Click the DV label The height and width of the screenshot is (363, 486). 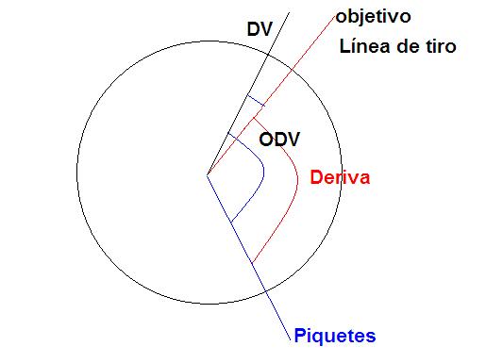pyautogui.click(x=260, y=29)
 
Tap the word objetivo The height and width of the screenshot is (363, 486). pyautogui.click(x=373, y=16)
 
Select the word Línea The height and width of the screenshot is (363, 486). pyautogui.click(x=366, y=46)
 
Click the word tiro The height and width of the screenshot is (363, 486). pyautogui.click(x=441, y=46)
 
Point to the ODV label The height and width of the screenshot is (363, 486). pyautogui.click(x=279, y=140)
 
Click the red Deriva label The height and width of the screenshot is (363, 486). pyautogui.click(x=340, y=177)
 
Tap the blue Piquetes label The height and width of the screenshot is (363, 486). pyautogui.click(x=335, y=336)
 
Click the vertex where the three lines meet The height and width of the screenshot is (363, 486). pyautogui.click(x=208, y=174)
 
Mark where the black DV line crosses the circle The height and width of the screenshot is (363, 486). pyautogui.click(x=268, y=55)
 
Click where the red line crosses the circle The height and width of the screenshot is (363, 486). pyautogui.click(x=292, y=69)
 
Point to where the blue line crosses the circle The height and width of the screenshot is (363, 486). pyautogui.click(x=265, y=291)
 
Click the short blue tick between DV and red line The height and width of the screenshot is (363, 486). pyautogui.click(x=256, y=101)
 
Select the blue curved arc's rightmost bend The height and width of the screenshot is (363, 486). pyautogui.click(x=263, y=173)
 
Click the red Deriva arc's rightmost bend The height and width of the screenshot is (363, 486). pyautogui.click(x=297, y=179)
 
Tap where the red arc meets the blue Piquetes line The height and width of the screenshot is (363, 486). pyautogui.click(x=252, y=263)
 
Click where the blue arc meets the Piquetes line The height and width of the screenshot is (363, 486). pyautogui.click(x=231, y=223)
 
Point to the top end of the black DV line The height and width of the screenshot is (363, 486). pyautogui.click(x=289, y=12)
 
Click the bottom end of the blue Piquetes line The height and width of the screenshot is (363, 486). pyautogui.click(x=290, y=340)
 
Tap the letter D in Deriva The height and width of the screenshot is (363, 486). pyautogui.click(x=316, y=177)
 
